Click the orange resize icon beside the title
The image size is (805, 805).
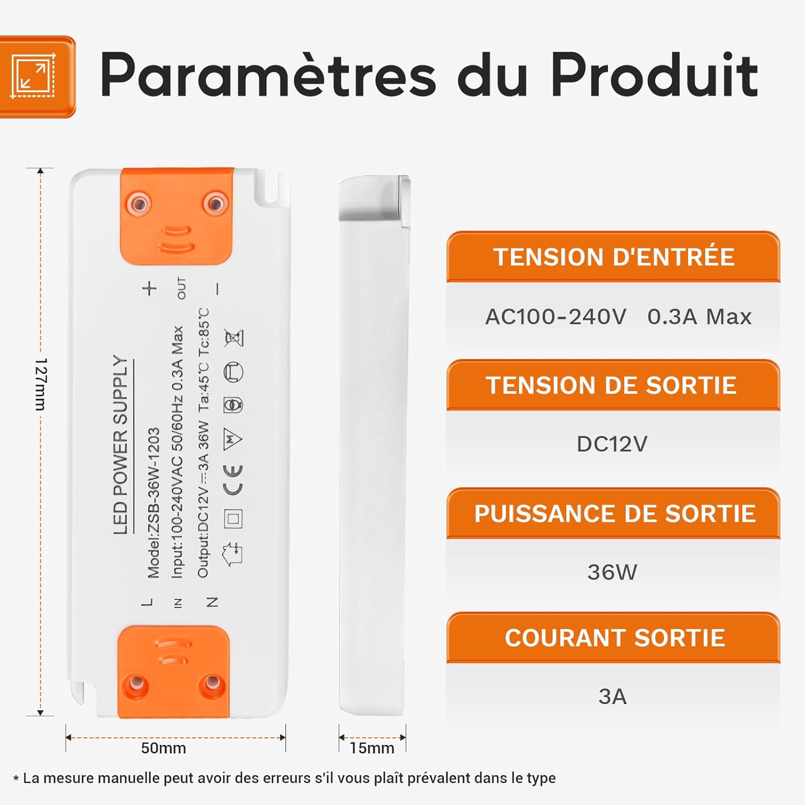click(34, 76)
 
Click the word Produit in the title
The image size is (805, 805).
click(654, 76)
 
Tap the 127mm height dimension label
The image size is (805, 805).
click(41, 384)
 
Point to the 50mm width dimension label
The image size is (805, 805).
click(163, 748)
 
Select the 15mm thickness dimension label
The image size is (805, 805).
click(371, 748)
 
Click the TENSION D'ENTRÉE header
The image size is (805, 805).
click(613, 257)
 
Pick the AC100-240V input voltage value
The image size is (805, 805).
click(556, 317)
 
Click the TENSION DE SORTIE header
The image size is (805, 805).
click(612, 385)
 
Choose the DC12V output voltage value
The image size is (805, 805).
click(612, 444)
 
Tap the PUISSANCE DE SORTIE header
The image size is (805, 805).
click(614, 514)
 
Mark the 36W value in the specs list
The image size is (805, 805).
click(612, 572)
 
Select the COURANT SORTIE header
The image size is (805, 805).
click(614, 638)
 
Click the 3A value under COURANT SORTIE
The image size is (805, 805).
click(612, 697)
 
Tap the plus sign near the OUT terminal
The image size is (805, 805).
click(150, 288)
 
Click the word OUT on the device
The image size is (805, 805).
click(182, 288)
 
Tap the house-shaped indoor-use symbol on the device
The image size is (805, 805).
click(233, 553)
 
